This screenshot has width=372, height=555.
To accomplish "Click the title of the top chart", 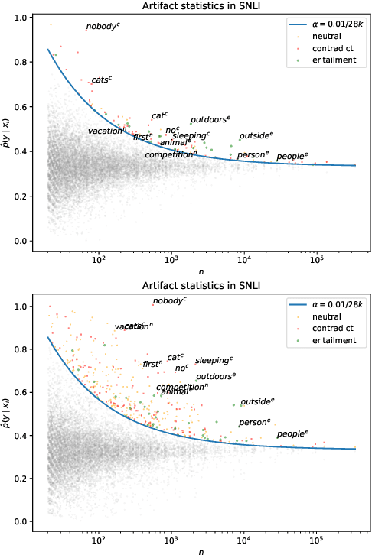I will (207, 6).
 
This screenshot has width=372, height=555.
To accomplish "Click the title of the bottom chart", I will (207, 286).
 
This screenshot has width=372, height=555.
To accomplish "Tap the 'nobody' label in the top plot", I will (103, 27).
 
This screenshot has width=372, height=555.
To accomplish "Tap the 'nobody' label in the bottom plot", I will (169, 301).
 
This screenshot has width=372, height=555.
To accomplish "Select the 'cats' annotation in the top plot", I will (101, 80).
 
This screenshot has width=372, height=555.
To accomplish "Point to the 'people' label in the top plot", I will (292, 157).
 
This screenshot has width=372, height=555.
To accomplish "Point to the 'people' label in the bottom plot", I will (292, 434).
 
